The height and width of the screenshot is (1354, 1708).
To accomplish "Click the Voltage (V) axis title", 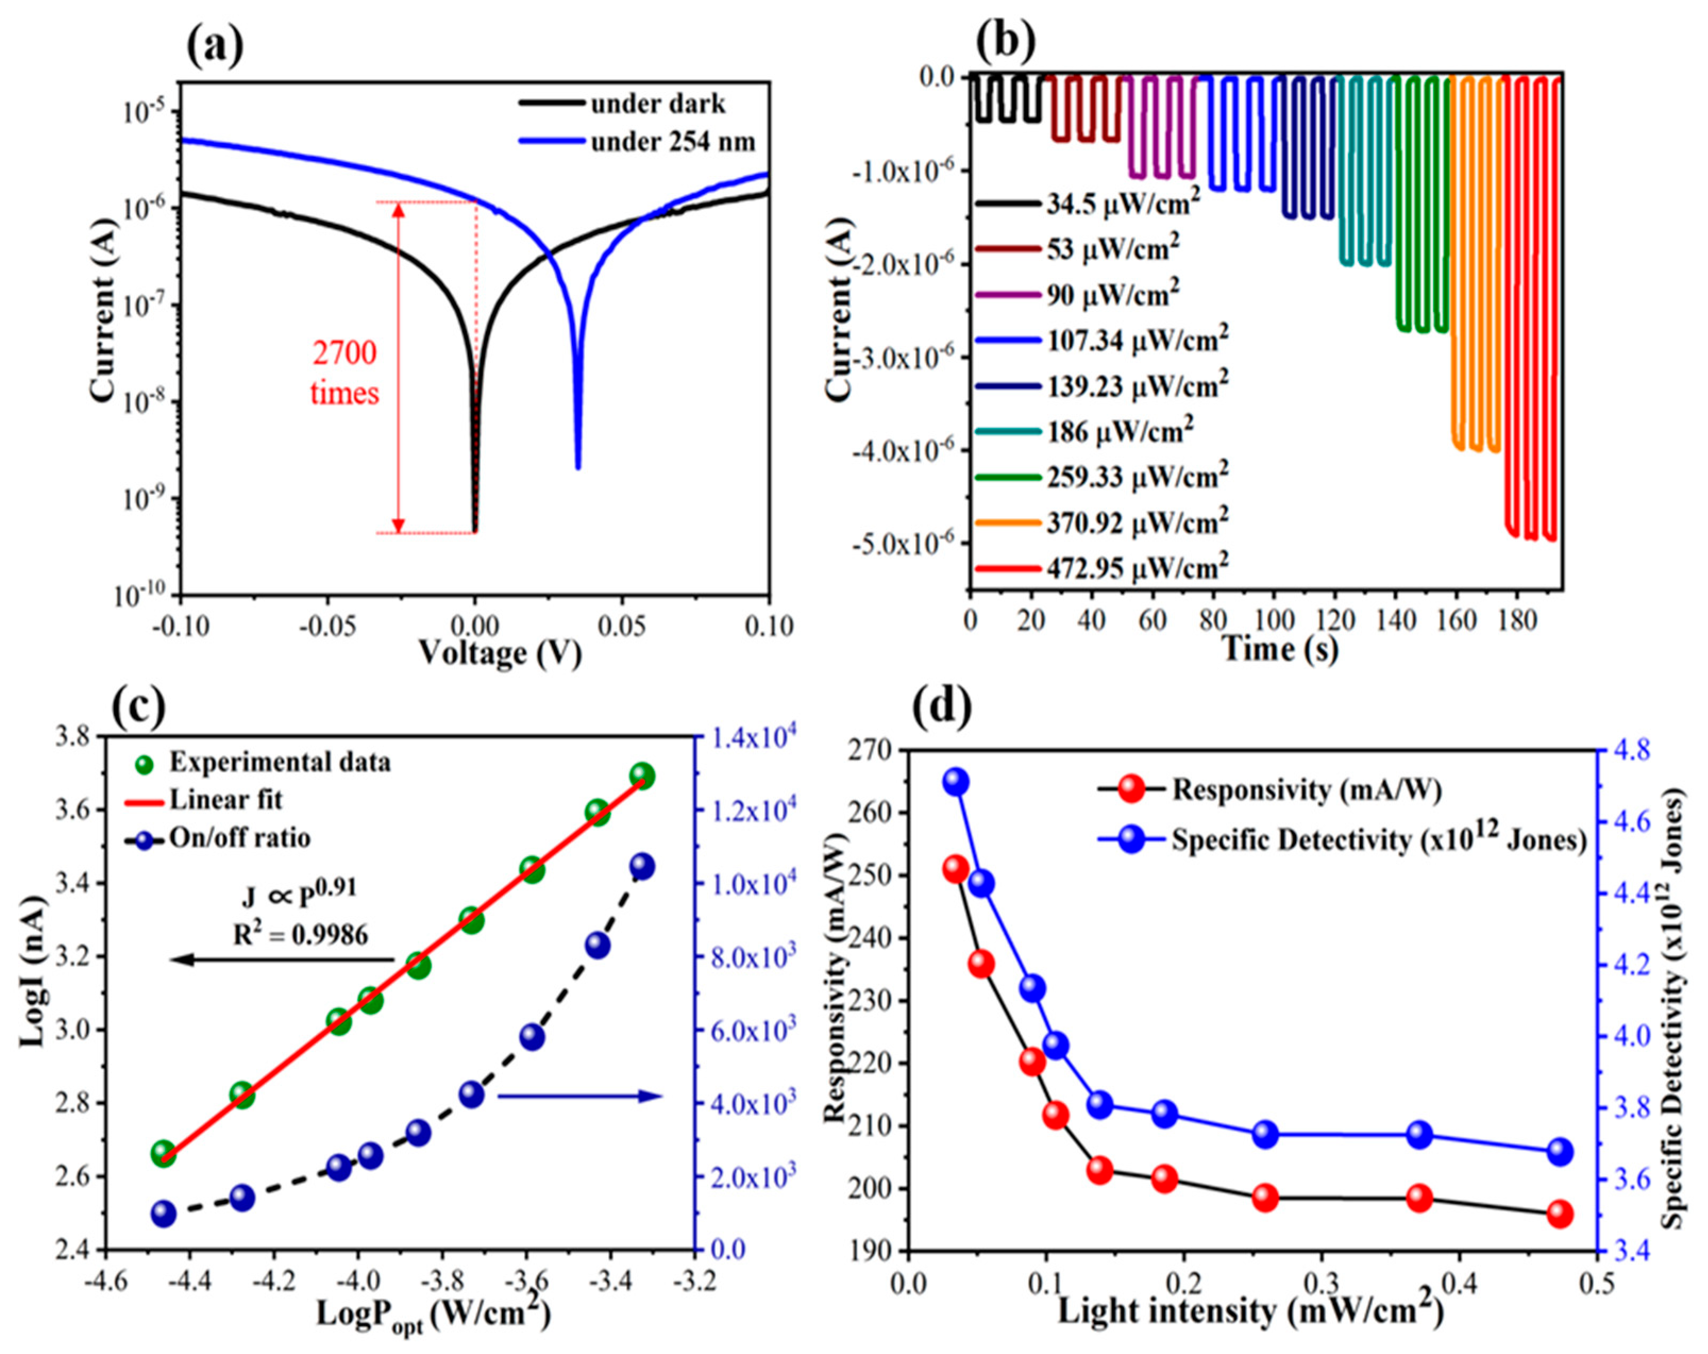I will point(500,654).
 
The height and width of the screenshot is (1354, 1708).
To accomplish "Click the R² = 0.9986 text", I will point(300,935).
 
